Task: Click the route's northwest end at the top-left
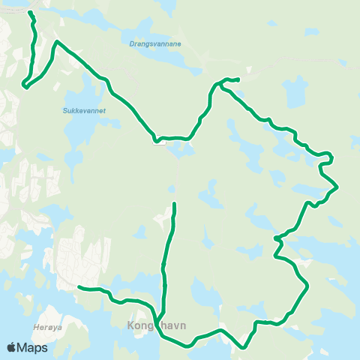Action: click(30, 13)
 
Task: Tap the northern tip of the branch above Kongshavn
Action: click(174, 204)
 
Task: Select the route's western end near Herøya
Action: click(79, 286)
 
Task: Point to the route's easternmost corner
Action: click(338, 186)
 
